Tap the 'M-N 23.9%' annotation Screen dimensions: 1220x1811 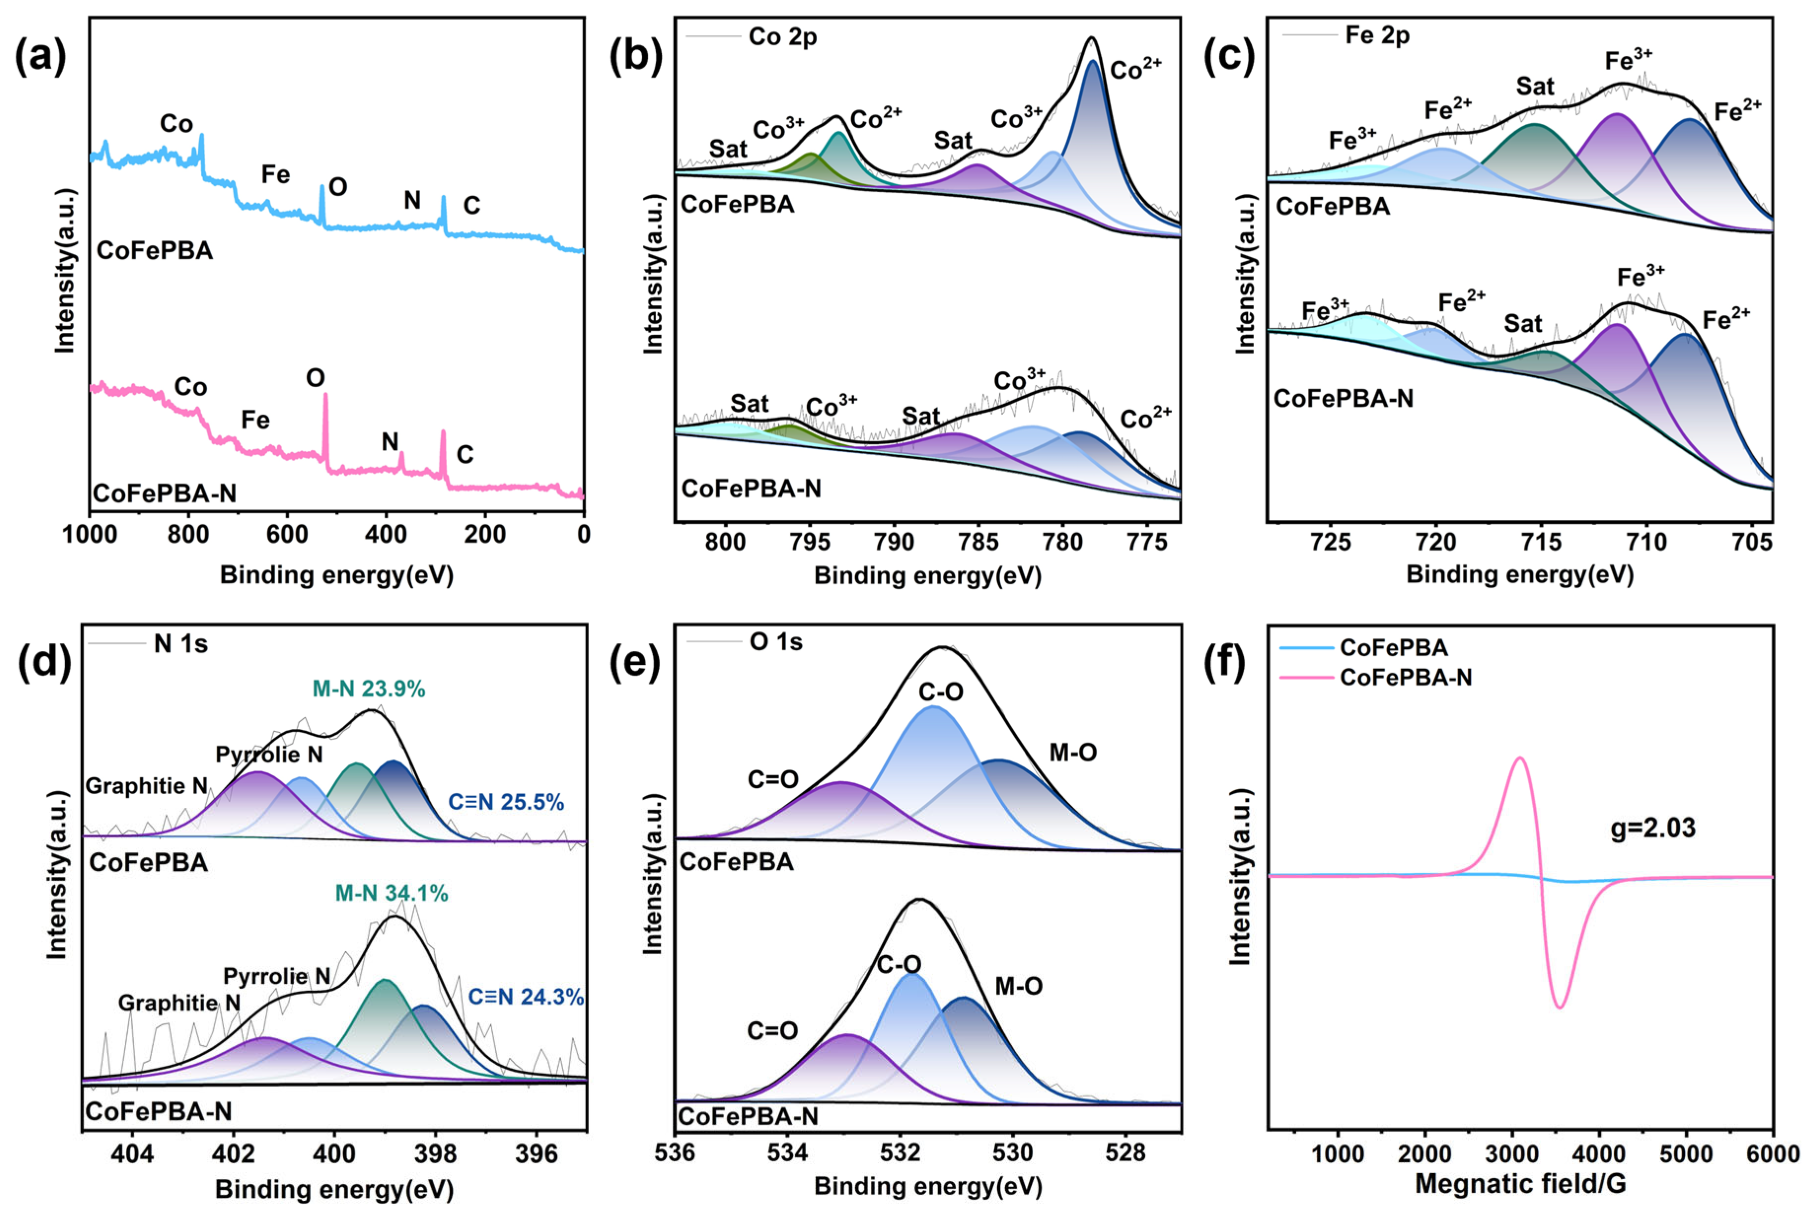(x=369, y=688)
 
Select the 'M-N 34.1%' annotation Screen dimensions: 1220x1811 (x=391, y=893)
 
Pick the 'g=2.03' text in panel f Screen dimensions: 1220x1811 (x=1652, y=828)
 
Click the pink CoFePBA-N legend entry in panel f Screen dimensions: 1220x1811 (x=1406, y=678)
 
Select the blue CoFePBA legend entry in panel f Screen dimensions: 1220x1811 (x=1393, y=647)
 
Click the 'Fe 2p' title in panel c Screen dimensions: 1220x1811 (x=1377, y=35)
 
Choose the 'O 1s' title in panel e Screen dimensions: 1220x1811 (x=776, y=642)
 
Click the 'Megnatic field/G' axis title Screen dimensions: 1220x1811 (x=1520, y=1184)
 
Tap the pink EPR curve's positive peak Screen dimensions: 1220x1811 (x=1520, y=758)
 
